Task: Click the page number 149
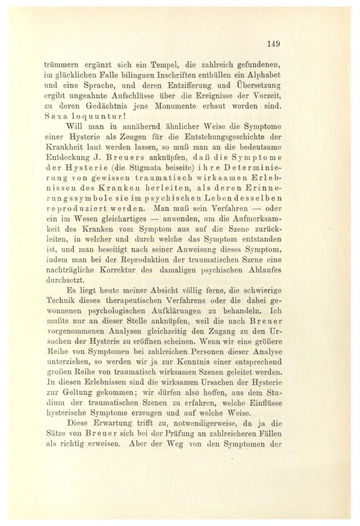click(273, 43)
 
